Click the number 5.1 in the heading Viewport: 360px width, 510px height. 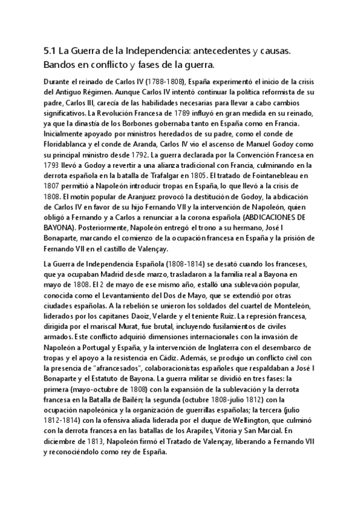[x=50, y=52]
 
